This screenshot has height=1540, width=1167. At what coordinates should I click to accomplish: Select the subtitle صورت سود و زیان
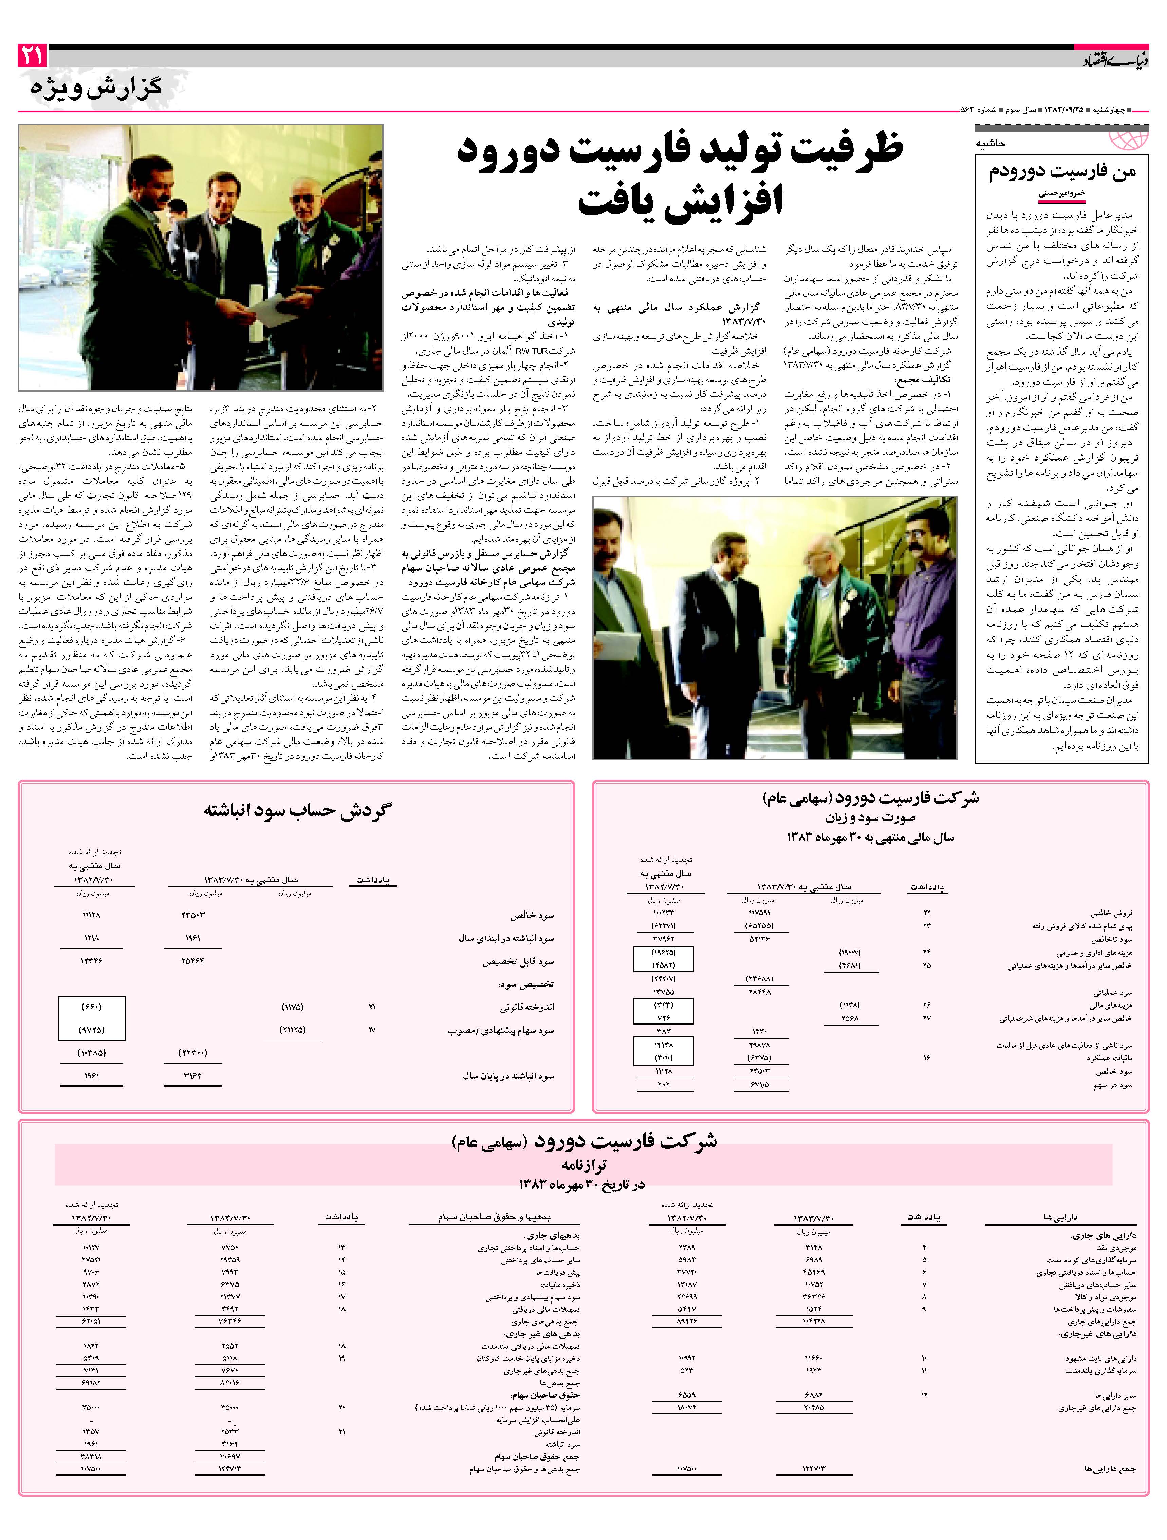pyautogui.click(x=870, y=818)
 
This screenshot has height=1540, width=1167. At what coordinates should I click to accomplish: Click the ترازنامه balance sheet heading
pyautogui.click(x=583, y=1165)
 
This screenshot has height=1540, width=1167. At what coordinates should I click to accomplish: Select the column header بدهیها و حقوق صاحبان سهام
pyautogui.click(x=494, y=1217)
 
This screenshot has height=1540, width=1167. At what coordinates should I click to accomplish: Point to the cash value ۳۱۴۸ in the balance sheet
pyautogui.click(x=813, y=1247)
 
